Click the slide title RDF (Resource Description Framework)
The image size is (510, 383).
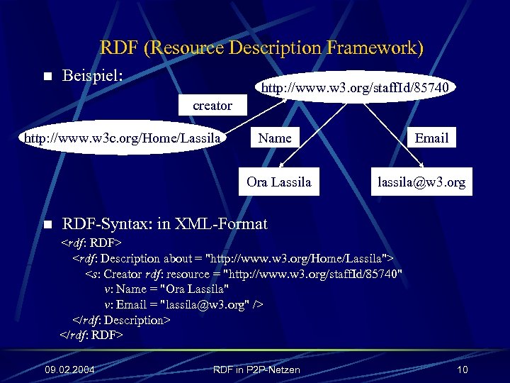[261, 48]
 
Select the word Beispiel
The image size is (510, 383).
[93, 75]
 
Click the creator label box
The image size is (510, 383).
[212, 106]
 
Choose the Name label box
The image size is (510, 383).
[275, 138]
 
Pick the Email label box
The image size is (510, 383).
[431, 138]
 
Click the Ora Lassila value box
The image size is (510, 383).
[278, 182]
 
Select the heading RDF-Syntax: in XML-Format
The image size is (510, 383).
[165, 224]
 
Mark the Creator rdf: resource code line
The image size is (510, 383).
[244, 274]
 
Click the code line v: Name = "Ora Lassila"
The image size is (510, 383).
[166, 289]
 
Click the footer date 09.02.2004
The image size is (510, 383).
[70, 370]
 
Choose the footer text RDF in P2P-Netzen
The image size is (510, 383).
[256, 370]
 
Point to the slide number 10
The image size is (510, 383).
[463, 370]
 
